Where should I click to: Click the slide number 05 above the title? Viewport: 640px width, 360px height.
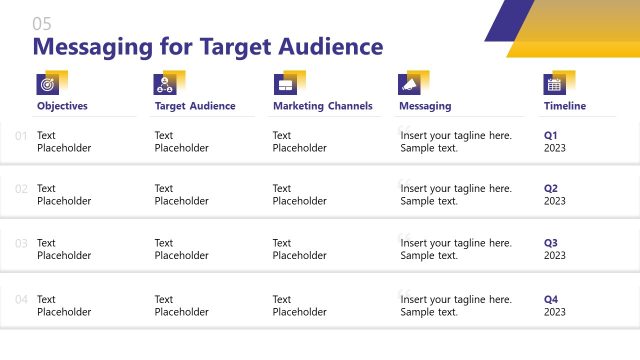pos(41,24)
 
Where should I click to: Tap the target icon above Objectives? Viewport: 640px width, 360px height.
pos(47,84)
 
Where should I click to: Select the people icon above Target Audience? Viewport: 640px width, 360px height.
pos(164,84)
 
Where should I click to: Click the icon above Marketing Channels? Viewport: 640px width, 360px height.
pos(284,84)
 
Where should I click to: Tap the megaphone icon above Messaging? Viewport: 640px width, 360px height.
pos(409,84)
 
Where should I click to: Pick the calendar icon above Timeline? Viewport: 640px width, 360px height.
pos(554,84)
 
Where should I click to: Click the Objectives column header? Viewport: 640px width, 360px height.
pos(62,106)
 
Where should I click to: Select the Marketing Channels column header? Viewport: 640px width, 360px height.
pos(322,106)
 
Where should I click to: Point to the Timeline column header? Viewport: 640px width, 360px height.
pos(565,106)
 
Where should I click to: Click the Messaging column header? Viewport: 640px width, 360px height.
pos(425,106)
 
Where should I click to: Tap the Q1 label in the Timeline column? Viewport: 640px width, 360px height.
pos(551,134)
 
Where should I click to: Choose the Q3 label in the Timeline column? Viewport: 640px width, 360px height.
pos(551,242)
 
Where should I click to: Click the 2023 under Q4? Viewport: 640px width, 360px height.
pos(555,311)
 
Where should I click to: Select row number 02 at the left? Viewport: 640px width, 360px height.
pos(22,188)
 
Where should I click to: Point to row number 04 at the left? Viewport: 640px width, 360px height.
pos(22,299)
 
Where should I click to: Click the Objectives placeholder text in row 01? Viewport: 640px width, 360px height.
pos(63,141)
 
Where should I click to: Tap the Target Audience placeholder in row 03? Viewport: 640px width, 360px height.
pos(181,249)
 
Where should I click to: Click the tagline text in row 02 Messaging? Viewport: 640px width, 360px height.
pos(455,194)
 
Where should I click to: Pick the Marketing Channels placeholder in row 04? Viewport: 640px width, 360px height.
pos(299,305)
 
